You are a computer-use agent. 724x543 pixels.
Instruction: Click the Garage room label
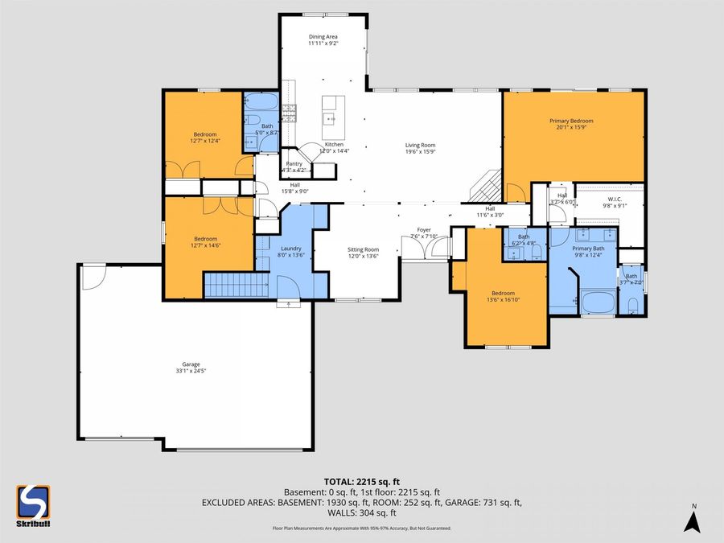click(x=191, y=364)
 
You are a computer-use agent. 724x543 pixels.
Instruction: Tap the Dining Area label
click(x=323, y=37)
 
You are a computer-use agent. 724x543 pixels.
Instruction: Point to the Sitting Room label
click(x=362, y=249)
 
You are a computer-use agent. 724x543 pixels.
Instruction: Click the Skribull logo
click(x=33, y=505)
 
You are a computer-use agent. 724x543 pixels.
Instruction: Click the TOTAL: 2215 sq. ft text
click(x=361, y=480)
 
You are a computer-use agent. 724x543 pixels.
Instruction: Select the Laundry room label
click(x=290, y=249)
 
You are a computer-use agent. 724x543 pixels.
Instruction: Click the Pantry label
click(x=294, y=163)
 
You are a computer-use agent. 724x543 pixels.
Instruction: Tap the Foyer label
click(x=423, y=230)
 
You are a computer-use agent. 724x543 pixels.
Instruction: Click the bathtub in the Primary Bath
click(x=598, y=304)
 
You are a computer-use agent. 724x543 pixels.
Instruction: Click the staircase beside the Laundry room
click(x=236, y=284)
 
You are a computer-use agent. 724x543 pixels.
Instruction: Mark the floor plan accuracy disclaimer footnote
click(x=361, y=528)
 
